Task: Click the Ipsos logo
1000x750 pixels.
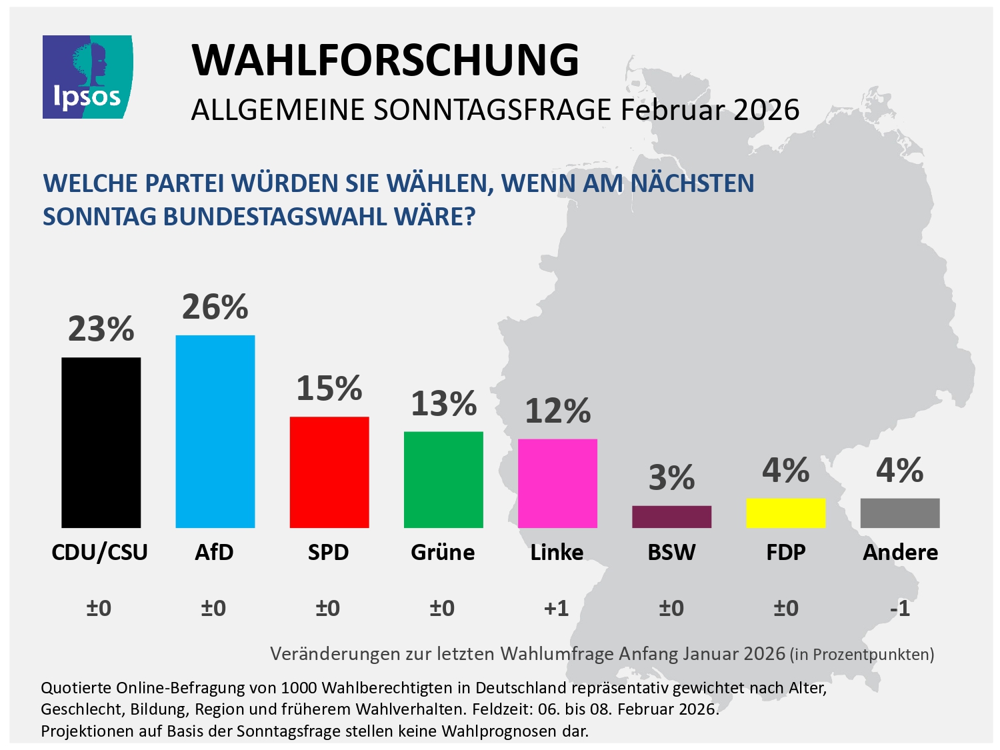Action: pyautogui.click(x=87, y=77)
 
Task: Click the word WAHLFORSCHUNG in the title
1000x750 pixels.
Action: pyautogui.click(x=385, y=60)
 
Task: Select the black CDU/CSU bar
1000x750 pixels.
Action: pyautogui.click(x=101, y=443)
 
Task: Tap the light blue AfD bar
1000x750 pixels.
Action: pyautogui.click(x=215, y=431)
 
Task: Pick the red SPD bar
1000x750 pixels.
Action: pyautogui.click(x=329, y=472)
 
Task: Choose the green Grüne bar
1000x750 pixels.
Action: pyautogui.click(x=443, y=479)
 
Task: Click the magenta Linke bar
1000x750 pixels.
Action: pyautogui.click(x=557, y=483)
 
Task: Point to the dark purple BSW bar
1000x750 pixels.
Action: pyautogui.click(x=671, y=517)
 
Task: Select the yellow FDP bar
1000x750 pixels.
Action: pyautogui.click(x=785, y=513)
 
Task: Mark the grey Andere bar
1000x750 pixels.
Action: pyautogui.click(x=900, y=513)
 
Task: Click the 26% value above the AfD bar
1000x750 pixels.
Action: pyautogui.click(x=215, y=307)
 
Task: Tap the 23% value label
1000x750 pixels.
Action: pyautogui.click(x=101, y=329)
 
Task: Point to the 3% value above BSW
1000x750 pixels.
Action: pyautogui.click(x=671, y=478)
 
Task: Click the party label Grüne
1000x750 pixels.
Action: pyautogui.click(x=443, y=552)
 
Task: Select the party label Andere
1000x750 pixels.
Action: pyautogui.click(x=900, y=552)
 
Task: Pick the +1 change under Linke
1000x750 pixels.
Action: pyautogui.click(x=557, y=608)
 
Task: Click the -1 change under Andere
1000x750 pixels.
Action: pyautogui.click(x=900, y=608)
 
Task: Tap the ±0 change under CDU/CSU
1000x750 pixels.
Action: pyautogui.click(x=99, y=608)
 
